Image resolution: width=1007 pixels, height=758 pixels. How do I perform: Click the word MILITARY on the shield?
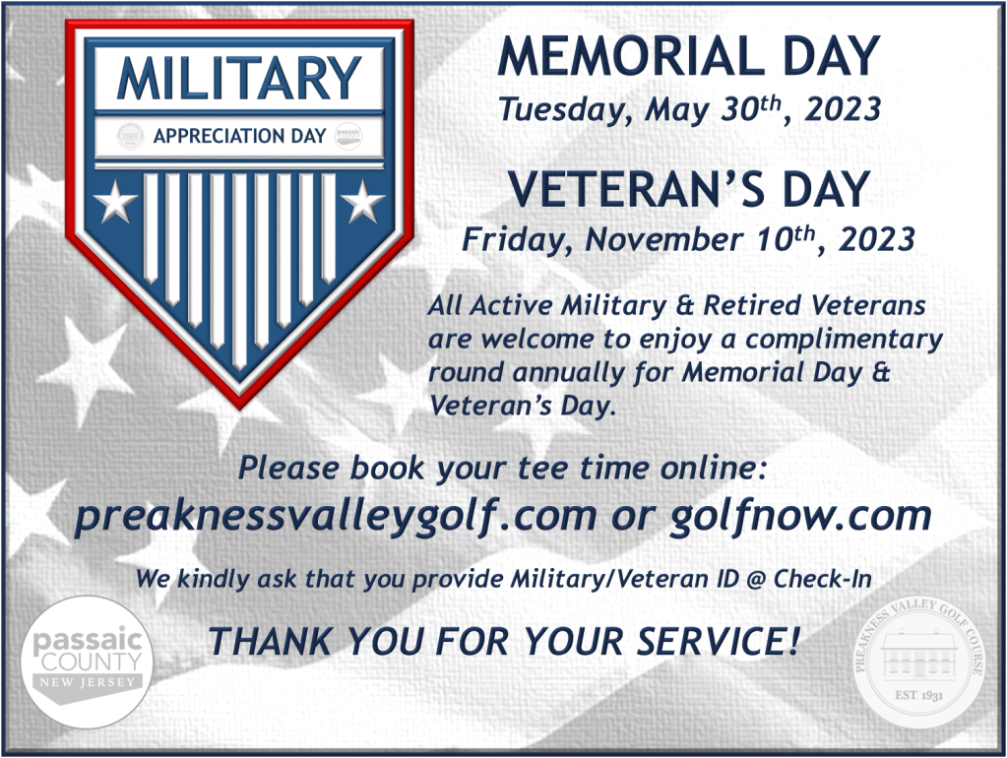(239, 79)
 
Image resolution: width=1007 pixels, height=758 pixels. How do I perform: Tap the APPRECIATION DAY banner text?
(239, 136)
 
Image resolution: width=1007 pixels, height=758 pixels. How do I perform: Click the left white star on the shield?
(115, 201)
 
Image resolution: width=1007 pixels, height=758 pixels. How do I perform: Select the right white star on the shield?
(363, 201)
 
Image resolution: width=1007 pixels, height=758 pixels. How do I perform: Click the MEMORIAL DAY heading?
(688, 56)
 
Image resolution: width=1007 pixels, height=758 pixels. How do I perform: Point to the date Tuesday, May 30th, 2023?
(690, 109)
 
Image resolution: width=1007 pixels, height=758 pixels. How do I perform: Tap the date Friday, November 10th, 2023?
(688, 239)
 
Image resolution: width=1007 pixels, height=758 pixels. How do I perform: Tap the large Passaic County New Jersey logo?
(87, 662)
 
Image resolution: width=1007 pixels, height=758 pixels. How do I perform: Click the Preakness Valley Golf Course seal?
(919, 663)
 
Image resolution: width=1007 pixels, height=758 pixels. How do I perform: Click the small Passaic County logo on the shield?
(348, 136)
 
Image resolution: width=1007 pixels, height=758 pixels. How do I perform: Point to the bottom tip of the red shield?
(239, 409)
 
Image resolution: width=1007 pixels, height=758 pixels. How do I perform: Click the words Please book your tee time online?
(502, 468)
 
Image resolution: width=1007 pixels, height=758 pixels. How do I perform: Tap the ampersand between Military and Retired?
(684, 306)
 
